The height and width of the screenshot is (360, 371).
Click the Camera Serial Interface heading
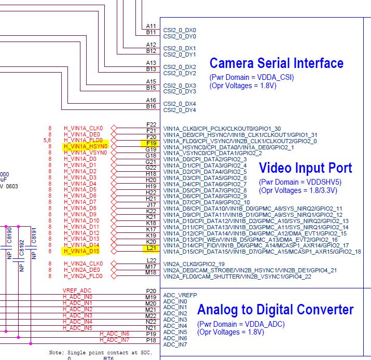click(x=276, y=63)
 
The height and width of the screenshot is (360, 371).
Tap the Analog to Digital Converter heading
click(x=275, y=310)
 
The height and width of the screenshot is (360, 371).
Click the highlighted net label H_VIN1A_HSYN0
click(x=85, y=147)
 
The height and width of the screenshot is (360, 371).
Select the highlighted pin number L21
click(x=151, y=248)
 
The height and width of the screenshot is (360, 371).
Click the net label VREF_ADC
click(x=77, y=290)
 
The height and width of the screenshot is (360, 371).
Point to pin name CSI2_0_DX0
click(x=180, y=30)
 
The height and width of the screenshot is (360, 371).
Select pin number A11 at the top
click(x=151, y=25)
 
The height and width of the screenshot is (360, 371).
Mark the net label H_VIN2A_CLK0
click(x=83, y=264)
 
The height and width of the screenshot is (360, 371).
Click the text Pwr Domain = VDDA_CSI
click(x=252, y=77)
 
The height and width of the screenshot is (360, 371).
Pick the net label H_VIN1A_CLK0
click(x=83, y=128)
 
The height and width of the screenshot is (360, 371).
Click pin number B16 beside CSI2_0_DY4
click(x=151, y=106)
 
